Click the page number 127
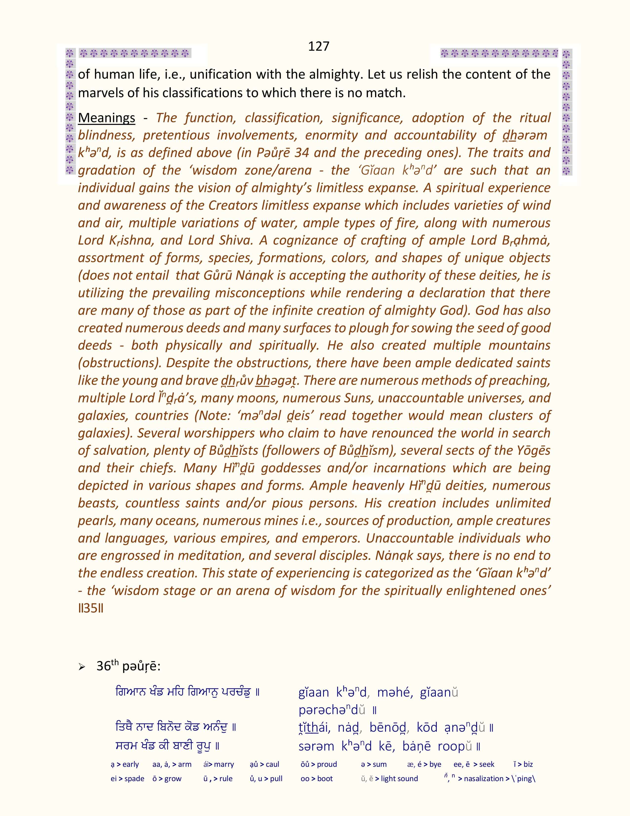pyautogui.click(x=318, y=46)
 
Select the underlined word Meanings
pyautogui.click(x=106, y=118)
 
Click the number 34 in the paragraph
pyautogui.click(x=302, y=153)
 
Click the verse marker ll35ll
pyautogui.click(x=91, y=608)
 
